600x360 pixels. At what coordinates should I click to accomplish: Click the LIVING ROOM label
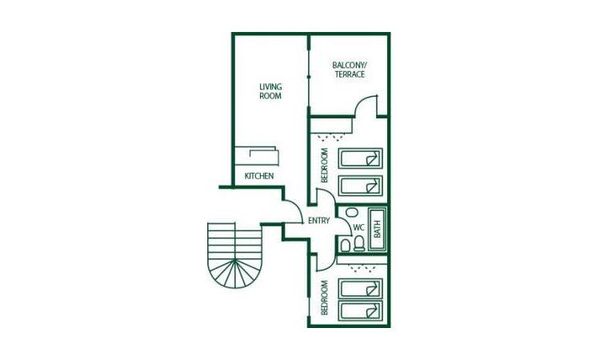click(270, 91)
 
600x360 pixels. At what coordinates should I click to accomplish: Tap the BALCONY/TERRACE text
click(349, 70)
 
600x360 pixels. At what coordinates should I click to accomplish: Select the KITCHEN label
click(258, 176)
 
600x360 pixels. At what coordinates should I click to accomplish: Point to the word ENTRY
click(318, 221)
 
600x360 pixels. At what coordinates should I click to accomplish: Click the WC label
click(359, 227)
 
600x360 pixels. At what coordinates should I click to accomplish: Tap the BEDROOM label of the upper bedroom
click(325, 165)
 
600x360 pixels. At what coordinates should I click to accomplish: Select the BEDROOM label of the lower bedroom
click(325, 298)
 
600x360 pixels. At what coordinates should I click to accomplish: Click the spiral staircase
click(235, 255)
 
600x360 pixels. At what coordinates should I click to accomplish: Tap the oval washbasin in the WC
click(350, 213)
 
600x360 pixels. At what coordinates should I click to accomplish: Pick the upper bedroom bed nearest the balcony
click(361, 158)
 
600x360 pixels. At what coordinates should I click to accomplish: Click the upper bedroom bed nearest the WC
click(361, 186)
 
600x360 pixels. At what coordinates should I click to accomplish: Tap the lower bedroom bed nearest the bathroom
click(361, 289)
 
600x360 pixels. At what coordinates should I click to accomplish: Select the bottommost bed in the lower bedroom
click(361, 311)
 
